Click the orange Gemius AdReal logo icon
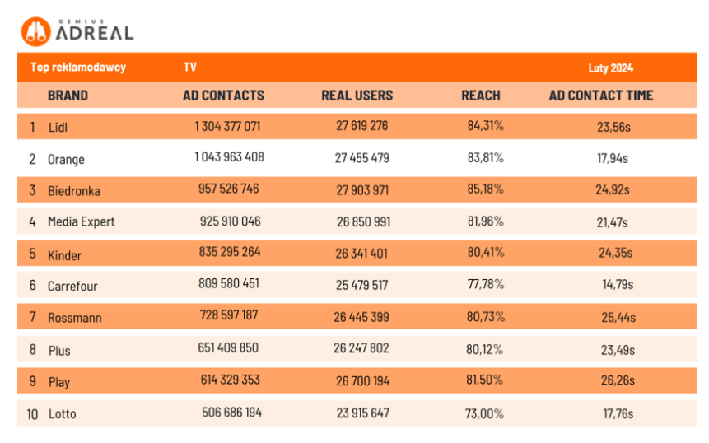[x=36, y=31]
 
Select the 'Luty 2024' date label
[x=610, y=68]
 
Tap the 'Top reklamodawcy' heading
[x=77, y=68]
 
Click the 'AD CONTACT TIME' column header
[x=600, y=96]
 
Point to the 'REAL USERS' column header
[x=357, y=96]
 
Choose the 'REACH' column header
[x=480, y=96]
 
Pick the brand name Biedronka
[x=74, y=191]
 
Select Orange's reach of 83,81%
[x=485, y=158]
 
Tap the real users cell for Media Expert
[x=362, y=222]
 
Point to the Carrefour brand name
[x=72, y=287]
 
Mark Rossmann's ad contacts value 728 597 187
[x=228, y=316]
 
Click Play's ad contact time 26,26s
[x=617, y=381]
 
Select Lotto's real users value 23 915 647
[x=362, y=413]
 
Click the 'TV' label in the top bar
[x=190, y=68]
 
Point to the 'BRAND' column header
[x=68, y=96]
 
